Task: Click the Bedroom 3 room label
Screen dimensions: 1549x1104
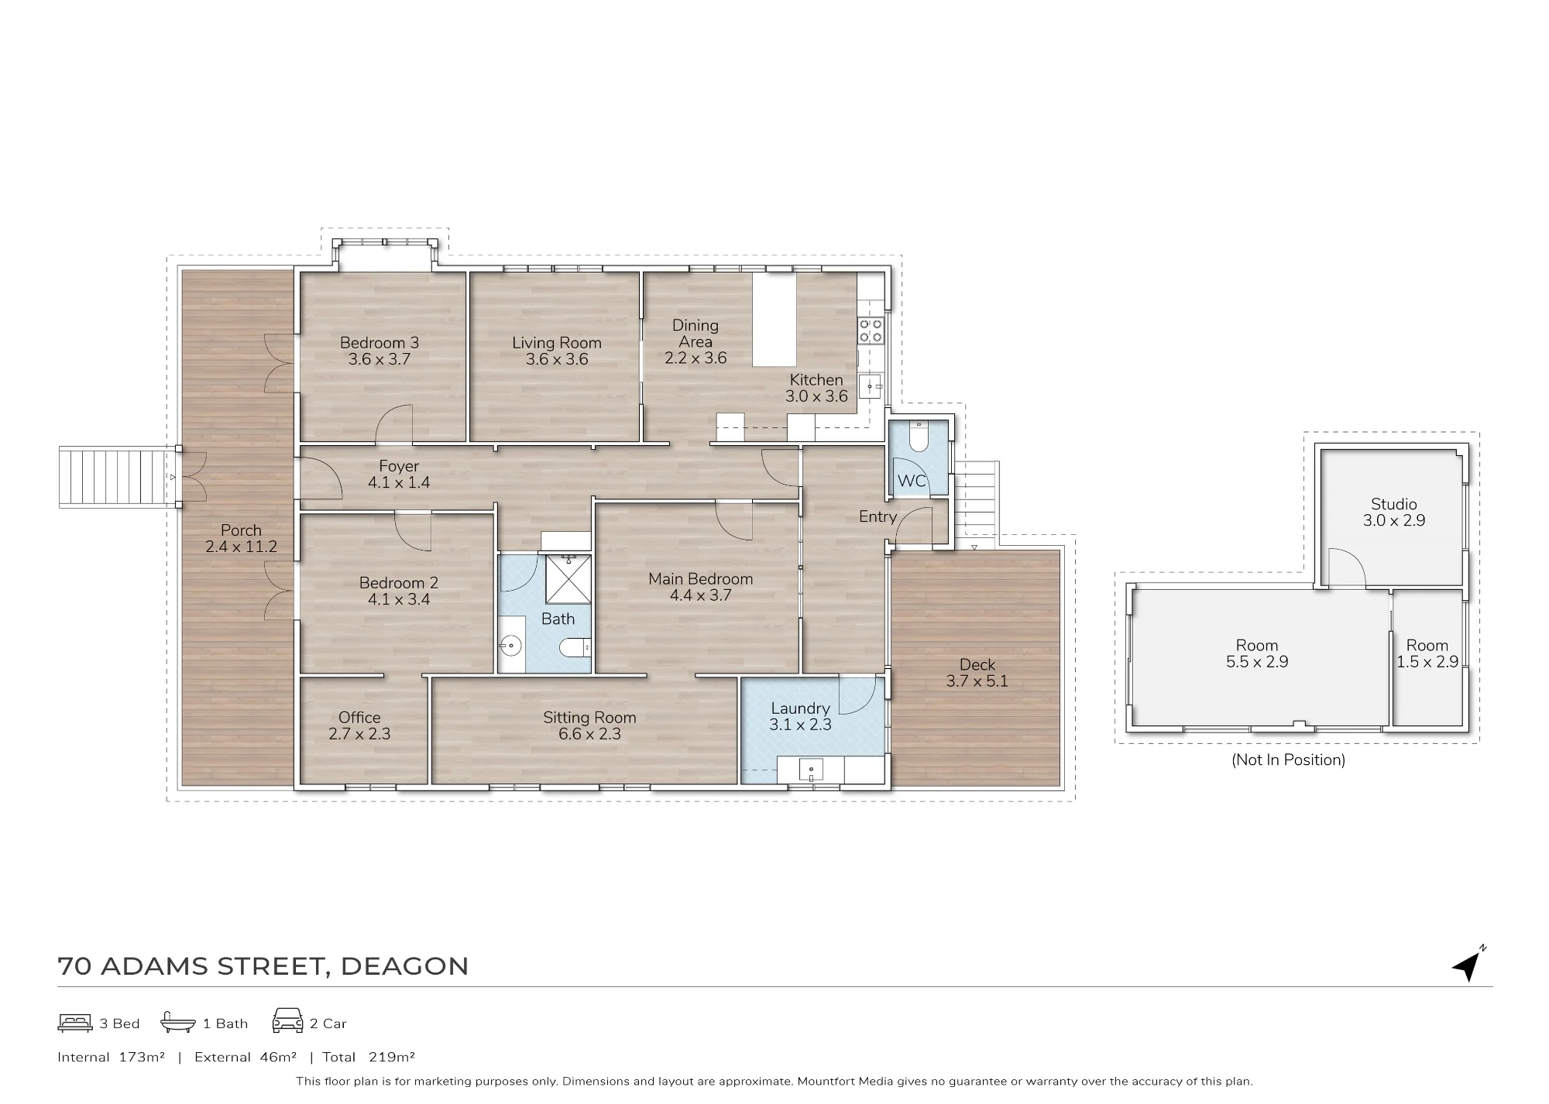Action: click(380, 343)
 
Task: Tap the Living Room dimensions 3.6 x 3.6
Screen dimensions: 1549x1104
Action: click(557, 359)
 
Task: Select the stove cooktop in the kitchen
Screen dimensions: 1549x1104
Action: click(871, 331)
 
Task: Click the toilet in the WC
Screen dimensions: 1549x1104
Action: click(918, 437)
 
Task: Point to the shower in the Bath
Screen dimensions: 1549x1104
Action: click(568, 578)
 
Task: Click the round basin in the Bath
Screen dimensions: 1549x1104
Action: click(510, 644)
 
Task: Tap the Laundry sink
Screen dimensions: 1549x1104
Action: click(811, 770)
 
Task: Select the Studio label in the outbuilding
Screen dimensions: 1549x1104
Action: click(1394, 504)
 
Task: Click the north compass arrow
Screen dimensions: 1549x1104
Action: click(1468, 965)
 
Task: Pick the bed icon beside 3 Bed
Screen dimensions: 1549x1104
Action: click(75, 1023)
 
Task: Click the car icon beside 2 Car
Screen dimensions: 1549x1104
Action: click(287, 1020)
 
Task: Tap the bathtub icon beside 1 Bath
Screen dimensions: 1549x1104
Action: click(178, 1023)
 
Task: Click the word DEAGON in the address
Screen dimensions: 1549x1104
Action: click(404, 966)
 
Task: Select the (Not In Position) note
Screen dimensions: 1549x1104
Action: click(1288, 760)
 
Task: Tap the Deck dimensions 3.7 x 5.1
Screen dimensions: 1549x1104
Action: click(977, 681)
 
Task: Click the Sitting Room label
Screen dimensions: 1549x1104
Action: click(589, 718)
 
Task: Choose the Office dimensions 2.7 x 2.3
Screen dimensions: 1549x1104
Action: click(359, 734)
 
